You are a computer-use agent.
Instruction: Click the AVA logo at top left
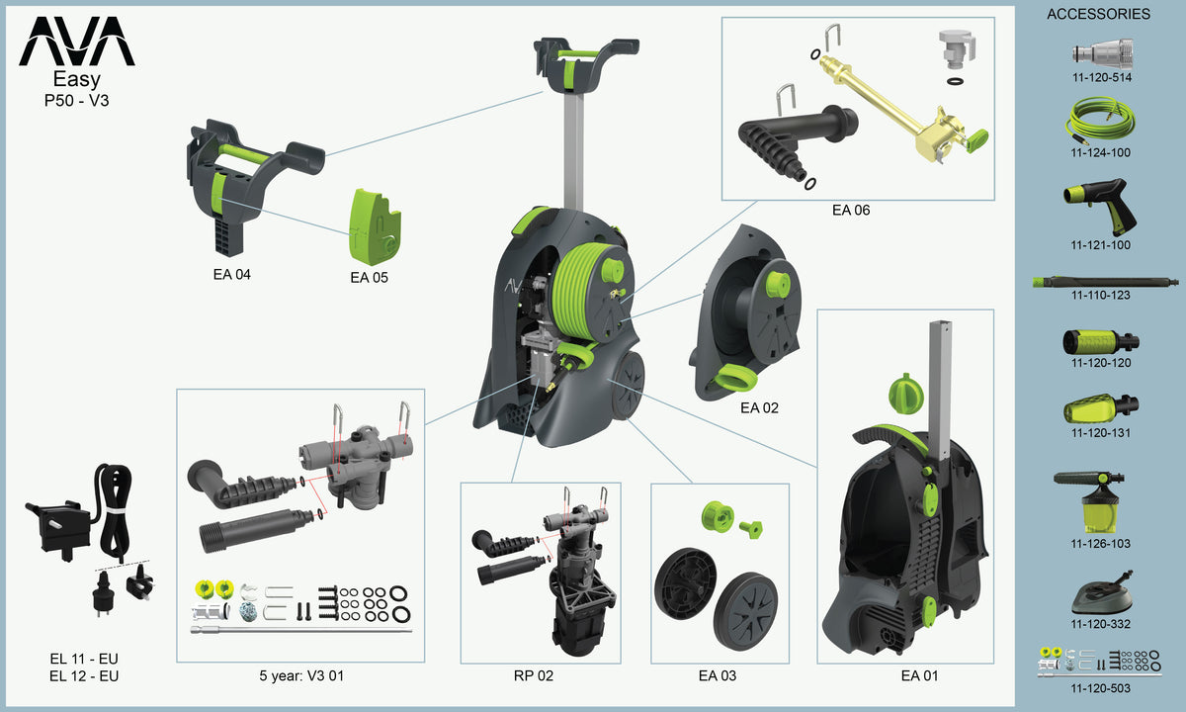point(77,41)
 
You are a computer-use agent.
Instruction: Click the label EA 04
point(232,275)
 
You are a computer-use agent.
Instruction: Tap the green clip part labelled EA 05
point(375,226)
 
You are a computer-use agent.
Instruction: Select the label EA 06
point(851,211)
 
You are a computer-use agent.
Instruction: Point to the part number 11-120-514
point(1102,77)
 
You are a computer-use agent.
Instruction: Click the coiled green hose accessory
point(1100,121)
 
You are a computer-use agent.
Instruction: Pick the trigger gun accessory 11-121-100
point(1100,207)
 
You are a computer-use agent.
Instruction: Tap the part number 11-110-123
point(1101,295)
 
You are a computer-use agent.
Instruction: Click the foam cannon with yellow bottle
point(1096,502)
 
